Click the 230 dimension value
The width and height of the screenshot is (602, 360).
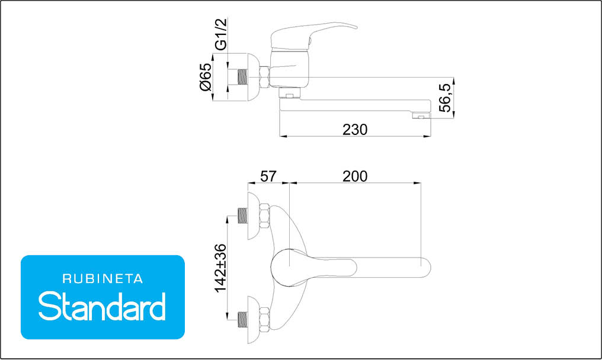click(x=355, y=130)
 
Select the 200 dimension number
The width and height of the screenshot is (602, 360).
click(x=355, y=176)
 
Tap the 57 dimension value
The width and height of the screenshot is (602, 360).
click(x=268, y=176)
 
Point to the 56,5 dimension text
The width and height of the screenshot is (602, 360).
click(x=446, y=98)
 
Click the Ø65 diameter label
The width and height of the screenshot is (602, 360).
click(x=206, y=77)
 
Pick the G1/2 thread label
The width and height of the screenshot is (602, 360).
click(x=221, y=34)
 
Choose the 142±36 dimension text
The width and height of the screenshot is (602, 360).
click(x=221, y=268)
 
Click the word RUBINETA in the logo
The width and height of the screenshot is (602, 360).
click(x=103, y=279)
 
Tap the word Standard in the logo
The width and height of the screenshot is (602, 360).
click(x=102, y=306)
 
